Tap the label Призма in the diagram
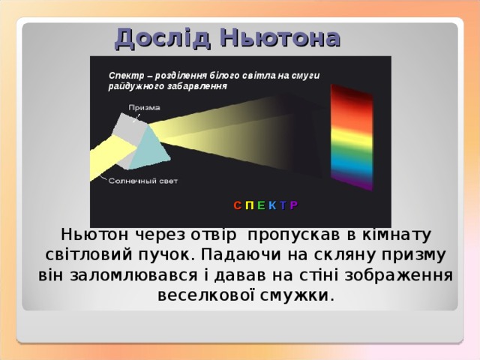143,107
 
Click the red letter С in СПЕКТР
237,204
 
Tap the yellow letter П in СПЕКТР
248,204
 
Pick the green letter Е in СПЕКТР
259,204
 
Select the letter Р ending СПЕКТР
293,204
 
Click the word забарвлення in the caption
198,86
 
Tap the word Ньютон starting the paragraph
91,235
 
